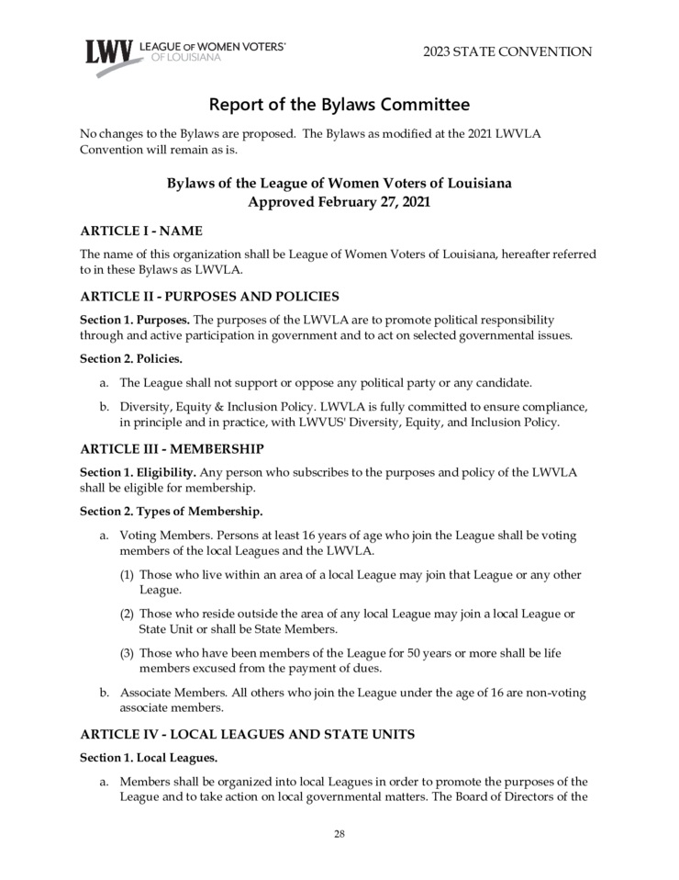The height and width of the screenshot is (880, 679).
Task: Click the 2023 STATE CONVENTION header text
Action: click(507, 51)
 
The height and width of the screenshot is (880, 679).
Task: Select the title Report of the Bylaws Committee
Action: click(339, 104)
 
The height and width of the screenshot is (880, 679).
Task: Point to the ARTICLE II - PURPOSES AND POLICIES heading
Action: click(210, 296)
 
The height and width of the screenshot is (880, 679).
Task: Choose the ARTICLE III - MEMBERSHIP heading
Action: click(172, 448)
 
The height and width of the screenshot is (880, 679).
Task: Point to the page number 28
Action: click(339, 833)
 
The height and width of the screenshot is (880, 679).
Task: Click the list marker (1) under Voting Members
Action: click(128, 574)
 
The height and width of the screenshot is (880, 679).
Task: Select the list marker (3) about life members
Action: click(128, 652)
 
